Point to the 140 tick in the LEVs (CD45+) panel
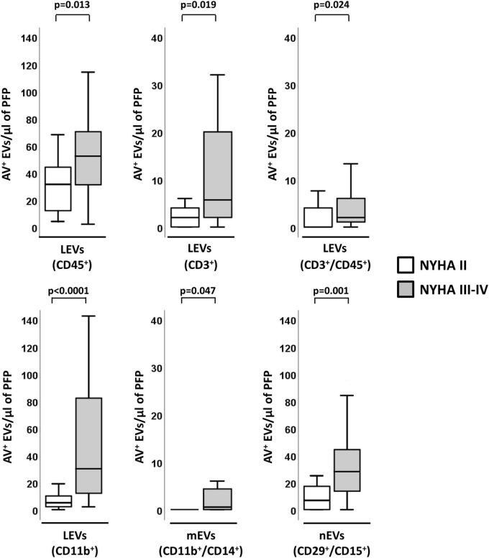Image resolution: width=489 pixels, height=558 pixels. pyautogui.click(x=29, y=37)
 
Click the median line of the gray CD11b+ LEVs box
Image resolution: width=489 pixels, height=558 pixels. pyautogui.click(x=89, y=469)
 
